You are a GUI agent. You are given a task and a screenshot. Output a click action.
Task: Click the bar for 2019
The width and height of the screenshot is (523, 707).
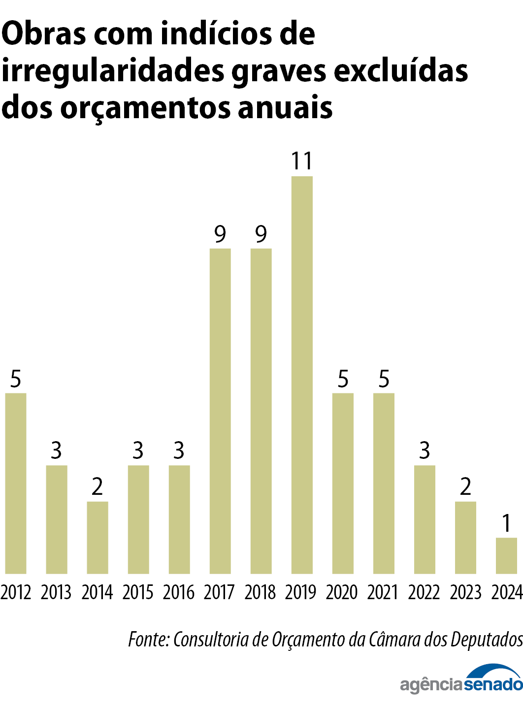point(302,375)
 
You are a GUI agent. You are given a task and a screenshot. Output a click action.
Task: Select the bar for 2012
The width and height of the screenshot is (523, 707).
point(16,483)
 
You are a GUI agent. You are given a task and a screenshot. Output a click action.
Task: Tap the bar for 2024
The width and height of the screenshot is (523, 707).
point(506,555)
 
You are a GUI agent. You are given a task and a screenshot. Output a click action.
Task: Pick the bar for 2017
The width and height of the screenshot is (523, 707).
point(220,411)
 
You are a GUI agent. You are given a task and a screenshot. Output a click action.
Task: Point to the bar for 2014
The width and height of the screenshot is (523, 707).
point(98,537)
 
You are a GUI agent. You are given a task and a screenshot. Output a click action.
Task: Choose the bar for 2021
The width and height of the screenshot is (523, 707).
point(384,483)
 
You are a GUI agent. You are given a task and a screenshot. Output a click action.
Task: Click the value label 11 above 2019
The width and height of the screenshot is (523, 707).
point(302,161)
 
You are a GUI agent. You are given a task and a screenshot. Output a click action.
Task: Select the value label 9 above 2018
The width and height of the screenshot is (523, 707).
point(261,234)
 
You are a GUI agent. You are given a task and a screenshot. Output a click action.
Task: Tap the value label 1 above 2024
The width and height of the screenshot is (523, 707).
point(506,523)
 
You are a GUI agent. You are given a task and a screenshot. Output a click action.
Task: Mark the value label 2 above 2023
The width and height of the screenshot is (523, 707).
point(465,487)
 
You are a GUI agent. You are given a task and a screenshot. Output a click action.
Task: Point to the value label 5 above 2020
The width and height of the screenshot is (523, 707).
point(343,379)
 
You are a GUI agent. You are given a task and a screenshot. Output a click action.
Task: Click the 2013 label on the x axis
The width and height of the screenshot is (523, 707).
point(56,592)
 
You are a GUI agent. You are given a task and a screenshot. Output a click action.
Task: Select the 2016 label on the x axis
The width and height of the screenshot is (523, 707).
point(179,592)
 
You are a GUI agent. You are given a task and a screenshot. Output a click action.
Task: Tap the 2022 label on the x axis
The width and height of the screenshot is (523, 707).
point(424,592)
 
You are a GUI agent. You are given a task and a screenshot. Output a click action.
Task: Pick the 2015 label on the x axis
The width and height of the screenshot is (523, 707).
point(138,592)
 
